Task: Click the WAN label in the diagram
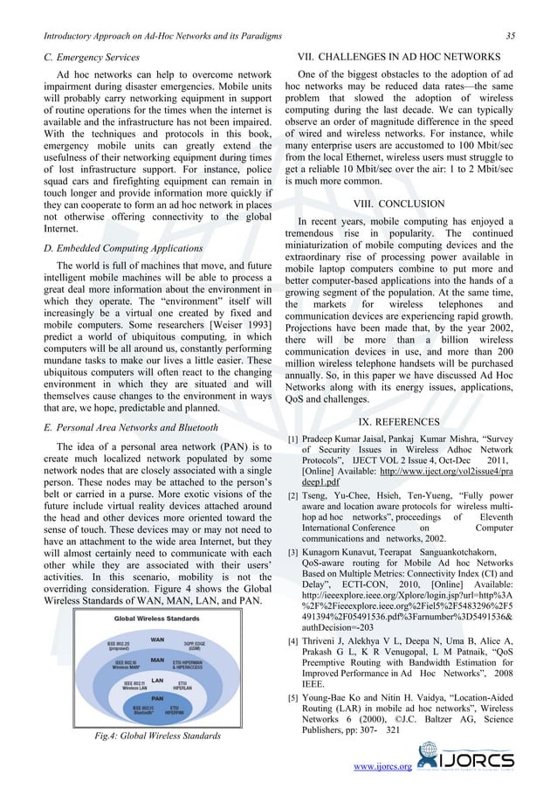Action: pyautogui.click(x=158, y=638)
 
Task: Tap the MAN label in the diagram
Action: pyautogui.click(x=158, y=660)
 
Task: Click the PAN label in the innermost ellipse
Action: pyautogui.click(x=158, y=698)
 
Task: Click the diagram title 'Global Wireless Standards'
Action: pyautogui.click(x=157, y=619)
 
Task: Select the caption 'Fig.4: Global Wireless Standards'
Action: pyautogui.click(x=157, y=736)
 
